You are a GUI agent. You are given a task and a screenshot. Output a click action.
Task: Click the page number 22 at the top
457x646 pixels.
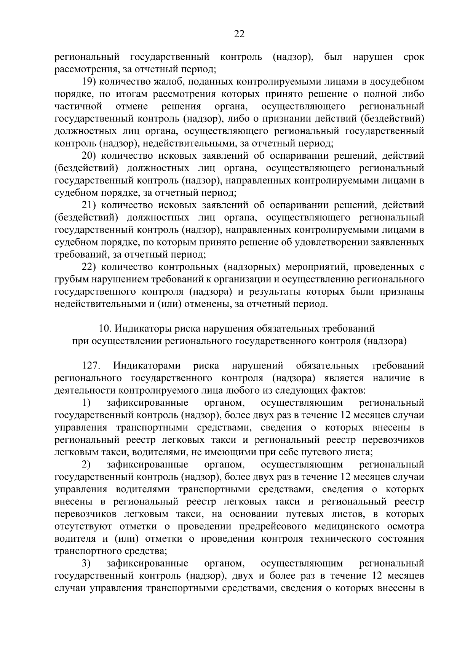coord(239,34)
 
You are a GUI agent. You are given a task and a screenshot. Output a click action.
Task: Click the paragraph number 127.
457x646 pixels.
coord(91,366)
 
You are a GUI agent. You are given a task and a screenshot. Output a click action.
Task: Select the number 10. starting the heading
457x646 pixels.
coord(104,328)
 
